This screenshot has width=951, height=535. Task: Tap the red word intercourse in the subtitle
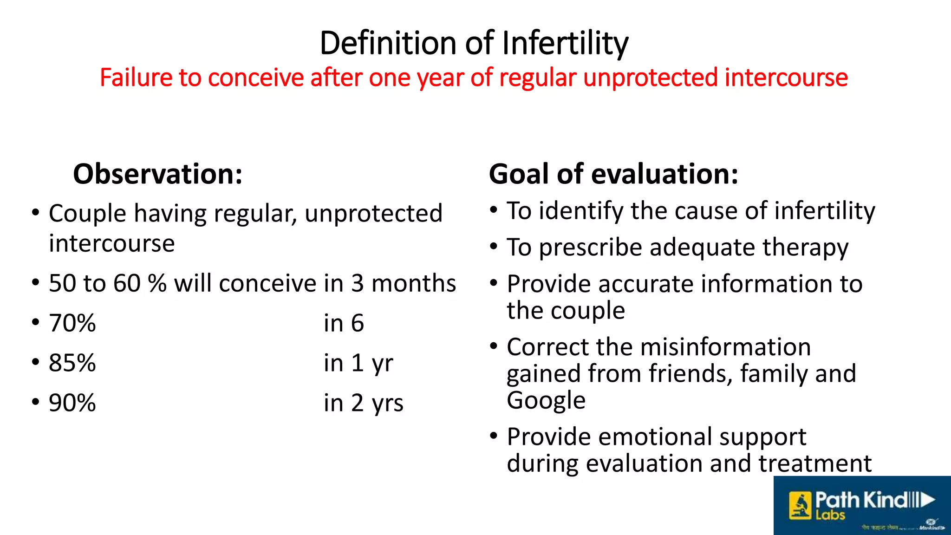coord(786,78)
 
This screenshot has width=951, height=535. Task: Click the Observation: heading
coord(158,174)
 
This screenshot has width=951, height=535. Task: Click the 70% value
coord(72,323)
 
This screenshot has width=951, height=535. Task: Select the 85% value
coord(72,363)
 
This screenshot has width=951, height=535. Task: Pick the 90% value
coord(72,403)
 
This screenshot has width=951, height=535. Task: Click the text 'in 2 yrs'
coord(364,403)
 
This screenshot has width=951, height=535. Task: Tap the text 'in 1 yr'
coord(358,363)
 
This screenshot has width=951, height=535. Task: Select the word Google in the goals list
coord(546,400)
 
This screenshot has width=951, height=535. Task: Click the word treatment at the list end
coord(815,463)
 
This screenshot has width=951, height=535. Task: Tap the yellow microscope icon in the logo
coord(800,506)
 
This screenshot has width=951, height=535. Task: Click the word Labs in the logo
coord(830,515)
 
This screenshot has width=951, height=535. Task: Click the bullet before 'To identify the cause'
coord(494,210)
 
